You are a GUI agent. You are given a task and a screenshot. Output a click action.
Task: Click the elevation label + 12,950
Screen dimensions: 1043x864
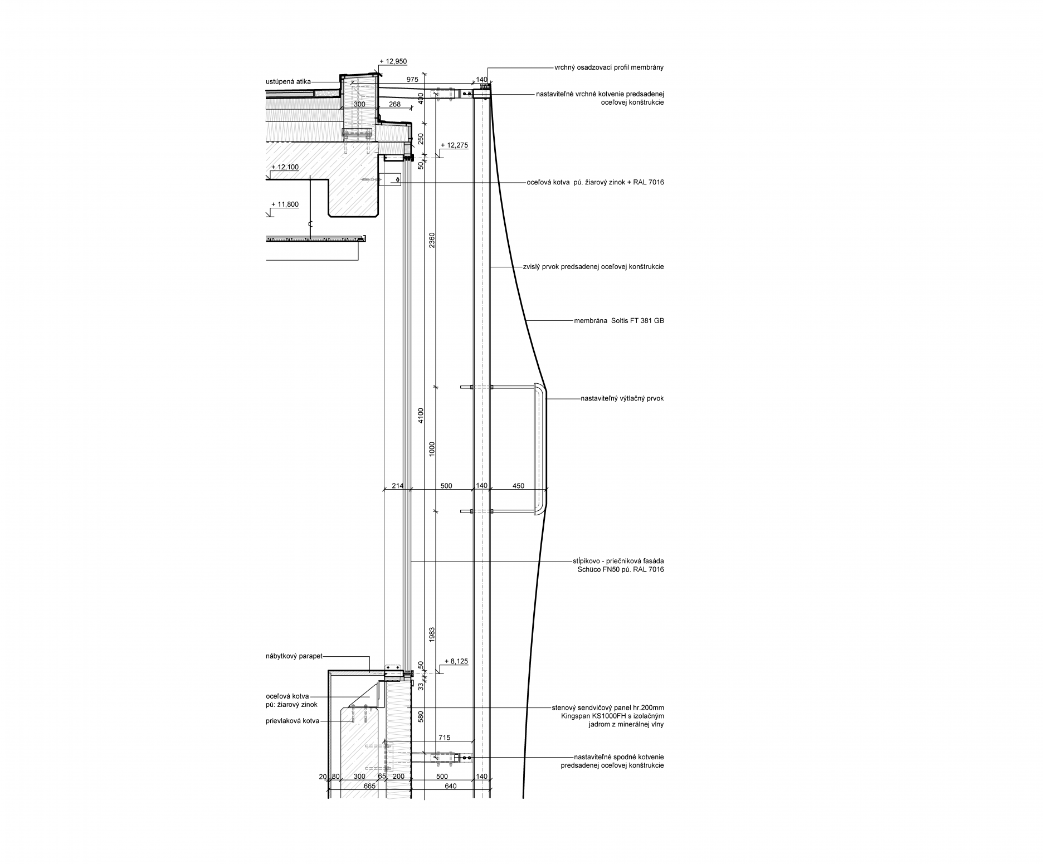pos(393,61)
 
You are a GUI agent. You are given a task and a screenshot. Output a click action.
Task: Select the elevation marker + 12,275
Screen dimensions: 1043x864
pos(454,145)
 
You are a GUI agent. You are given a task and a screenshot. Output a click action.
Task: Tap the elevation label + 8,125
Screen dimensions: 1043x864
pos(456,661)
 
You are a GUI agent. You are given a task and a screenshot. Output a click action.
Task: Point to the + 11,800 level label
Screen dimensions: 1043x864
pos(285,204)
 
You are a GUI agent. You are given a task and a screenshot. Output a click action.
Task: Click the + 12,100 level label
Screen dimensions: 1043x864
pos(285,167)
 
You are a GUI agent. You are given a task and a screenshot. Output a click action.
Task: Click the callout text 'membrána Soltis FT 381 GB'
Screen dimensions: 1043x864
pos(619,321)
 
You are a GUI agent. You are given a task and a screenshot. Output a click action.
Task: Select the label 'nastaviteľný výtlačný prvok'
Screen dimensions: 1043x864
pos(622,399)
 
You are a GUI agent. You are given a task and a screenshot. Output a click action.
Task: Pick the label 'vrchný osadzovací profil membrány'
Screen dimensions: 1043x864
pos(609,67)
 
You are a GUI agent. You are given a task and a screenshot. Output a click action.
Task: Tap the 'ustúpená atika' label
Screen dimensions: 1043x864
pos(288,82)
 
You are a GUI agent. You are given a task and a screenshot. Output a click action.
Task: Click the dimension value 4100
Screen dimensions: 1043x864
pos(421,416)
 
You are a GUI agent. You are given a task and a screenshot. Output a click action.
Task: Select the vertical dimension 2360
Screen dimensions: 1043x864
pos(432,240)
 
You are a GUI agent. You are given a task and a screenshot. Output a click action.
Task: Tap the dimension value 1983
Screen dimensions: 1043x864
pos(432,636)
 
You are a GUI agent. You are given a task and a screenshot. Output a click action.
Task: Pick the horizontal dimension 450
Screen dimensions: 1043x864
pos(518,486)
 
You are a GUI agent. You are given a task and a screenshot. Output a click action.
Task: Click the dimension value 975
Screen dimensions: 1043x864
pos(412,80)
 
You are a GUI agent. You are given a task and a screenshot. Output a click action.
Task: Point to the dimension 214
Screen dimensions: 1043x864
pos(397,486)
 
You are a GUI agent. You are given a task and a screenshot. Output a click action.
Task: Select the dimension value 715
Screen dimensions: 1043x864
pos(444,738)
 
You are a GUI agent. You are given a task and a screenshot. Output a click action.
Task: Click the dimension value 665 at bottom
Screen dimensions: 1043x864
pos(369,786)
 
